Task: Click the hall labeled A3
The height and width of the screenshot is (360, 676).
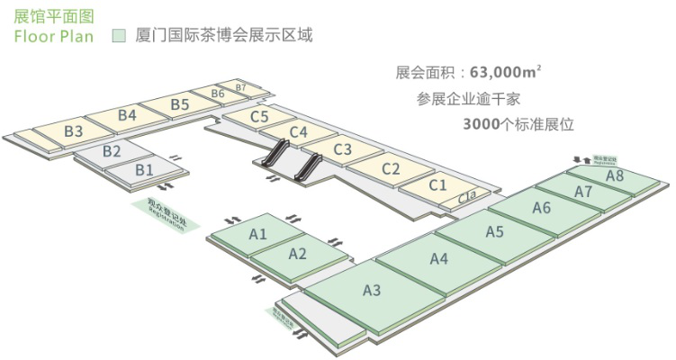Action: click(x=372, y=290)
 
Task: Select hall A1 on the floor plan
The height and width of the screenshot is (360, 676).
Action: click(x=258, y=234)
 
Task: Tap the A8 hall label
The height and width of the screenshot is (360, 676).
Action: click(x=615, y=176)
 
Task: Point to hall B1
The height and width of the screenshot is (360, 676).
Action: click(x=144, y=168)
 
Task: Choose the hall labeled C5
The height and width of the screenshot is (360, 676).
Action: click(x=259, y=116)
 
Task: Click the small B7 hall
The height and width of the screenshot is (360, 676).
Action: click(x=240, y=86)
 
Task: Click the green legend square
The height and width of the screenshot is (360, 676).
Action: click(x=117, y=37)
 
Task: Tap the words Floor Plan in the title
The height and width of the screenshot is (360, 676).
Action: click(x=53, y=37)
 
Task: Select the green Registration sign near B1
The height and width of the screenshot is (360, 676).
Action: click(x=165, y=213)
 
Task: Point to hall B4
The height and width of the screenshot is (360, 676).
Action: click(x=127, y=115)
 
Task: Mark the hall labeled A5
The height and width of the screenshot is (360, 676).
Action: click(x=494, y=231)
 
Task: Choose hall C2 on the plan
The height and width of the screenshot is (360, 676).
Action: click(x=391, y=168)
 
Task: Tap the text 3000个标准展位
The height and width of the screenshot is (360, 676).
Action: click(x=518, y=124)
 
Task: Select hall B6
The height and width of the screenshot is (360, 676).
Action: click(x=217, y=94)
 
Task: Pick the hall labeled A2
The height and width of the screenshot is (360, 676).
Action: click(x=298, y=253)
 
